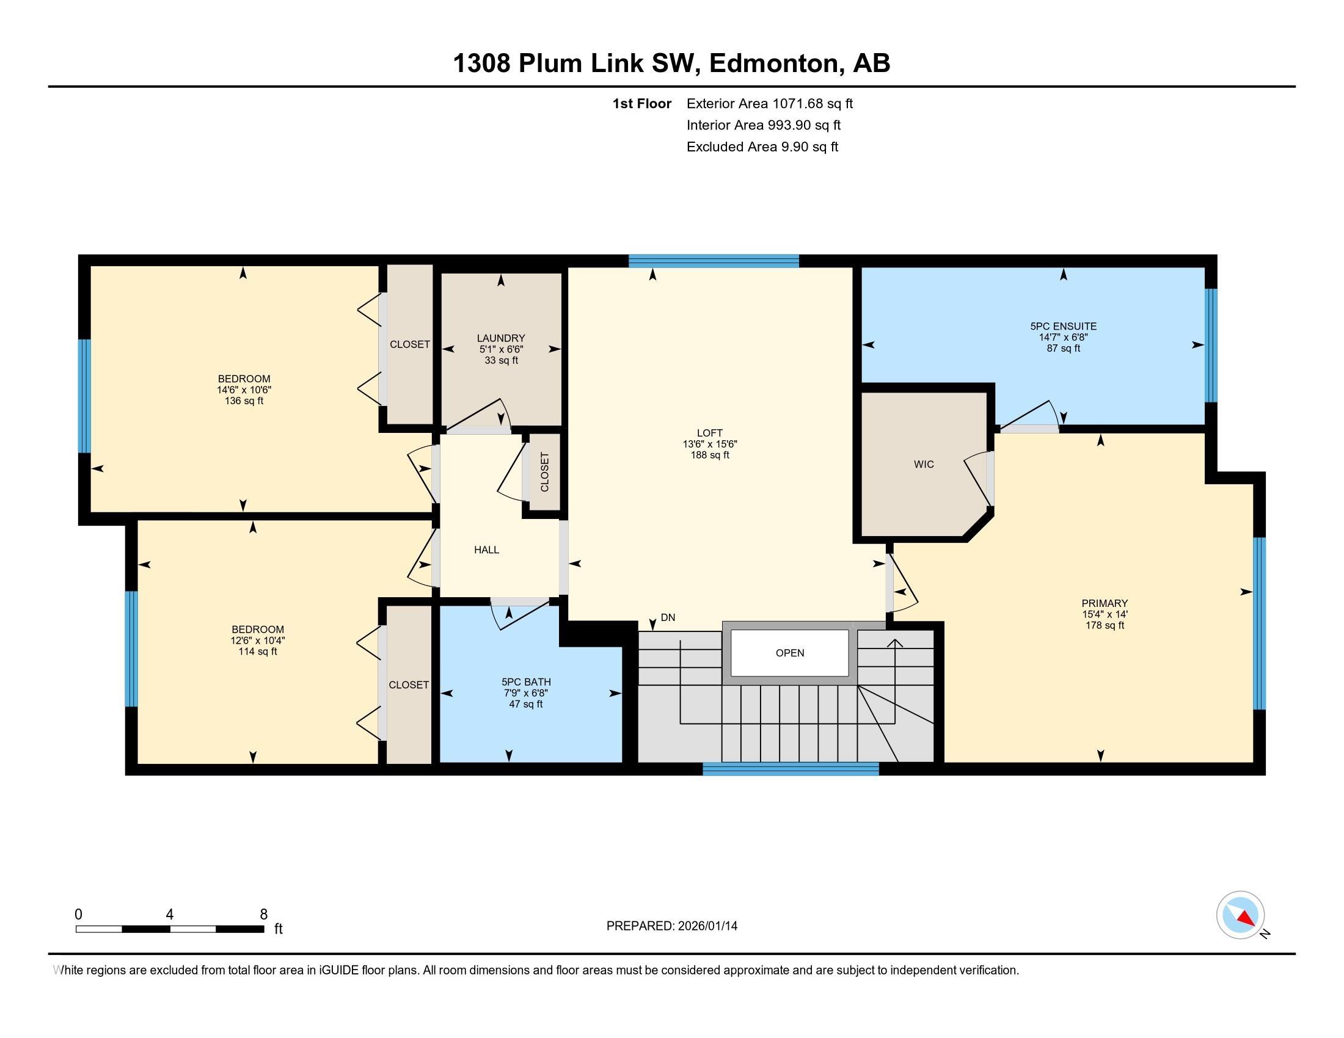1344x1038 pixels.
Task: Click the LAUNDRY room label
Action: click(x=501, y=338)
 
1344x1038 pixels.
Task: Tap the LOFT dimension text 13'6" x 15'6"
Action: click(x=709, y=444)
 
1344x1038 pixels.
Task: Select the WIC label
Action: click(x=924, y=464)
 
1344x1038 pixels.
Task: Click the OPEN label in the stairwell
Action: click(x=789, y=653)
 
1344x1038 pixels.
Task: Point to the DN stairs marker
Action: click(x=668, y=617)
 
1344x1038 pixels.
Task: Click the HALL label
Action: click(x=486, y=550)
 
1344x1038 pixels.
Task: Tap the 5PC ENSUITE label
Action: click(x=1064, y=327)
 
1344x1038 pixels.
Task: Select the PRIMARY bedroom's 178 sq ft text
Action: click(x=1105, y=625)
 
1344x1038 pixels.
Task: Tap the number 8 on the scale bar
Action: click(x=263, y=915)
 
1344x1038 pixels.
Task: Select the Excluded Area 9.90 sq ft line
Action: click(x=762, y=147)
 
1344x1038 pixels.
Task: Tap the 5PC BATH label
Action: click(x=525, y=682)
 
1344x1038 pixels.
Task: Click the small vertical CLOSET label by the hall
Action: click(x=544, y=472)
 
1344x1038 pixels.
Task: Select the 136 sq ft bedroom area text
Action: click(x=244, y=401)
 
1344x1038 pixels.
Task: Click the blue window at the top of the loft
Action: click(x=713, y=261)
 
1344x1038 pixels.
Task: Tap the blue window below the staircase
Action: click(x=790, y=769)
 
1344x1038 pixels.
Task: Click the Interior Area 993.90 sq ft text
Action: click(x=763, y=125)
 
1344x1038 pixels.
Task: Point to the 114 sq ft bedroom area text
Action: click(x=257, y=651)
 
